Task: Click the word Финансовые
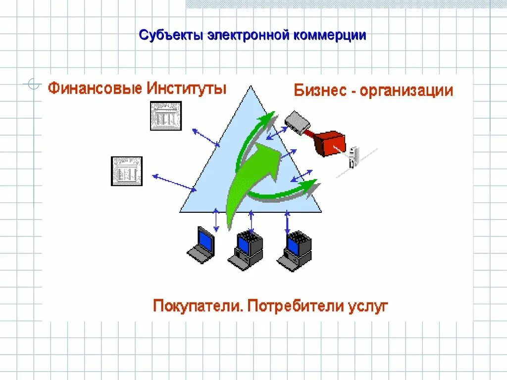click(95, 89)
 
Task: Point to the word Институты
click(187, 89)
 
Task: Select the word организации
click(406, 91)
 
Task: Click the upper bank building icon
click(166, 116)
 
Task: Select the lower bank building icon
click(126, 171)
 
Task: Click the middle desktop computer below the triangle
click(246, 250)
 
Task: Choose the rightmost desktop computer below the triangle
click(295, 250)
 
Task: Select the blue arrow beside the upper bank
click(206, 138)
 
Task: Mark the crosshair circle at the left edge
click(33, 85)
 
